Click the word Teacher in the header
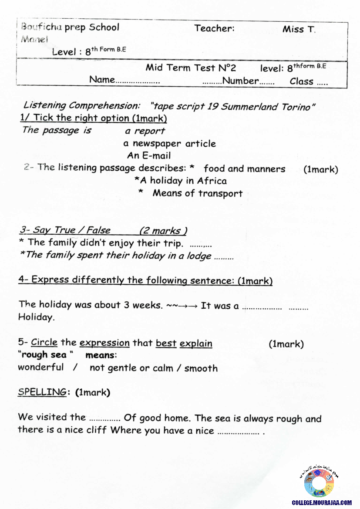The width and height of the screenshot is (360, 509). (214, 29)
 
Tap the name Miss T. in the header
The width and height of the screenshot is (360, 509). (299, 30)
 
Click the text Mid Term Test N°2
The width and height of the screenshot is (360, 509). (191, 67)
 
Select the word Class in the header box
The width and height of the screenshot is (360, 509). (302, 81)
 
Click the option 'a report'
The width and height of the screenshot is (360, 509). (145, 131)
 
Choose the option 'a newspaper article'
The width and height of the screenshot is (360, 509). (169, 143)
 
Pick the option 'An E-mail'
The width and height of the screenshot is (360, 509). (149, 155)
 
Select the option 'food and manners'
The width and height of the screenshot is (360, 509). (244, 169)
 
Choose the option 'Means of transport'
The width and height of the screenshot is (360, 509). (197, 193)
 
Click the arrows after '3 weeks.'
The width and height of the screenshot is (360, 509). (182, 306)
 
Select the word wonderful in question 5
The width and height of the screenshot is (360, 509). (40, 367)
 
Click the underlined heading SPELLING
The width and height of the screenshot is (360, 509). (42, 392)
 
